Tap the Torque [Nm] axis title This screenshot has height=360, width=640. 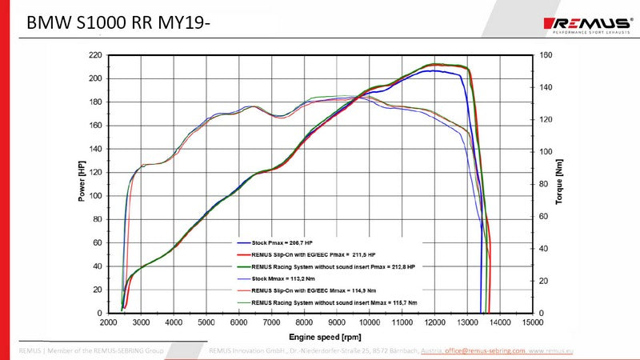tap(559, 182)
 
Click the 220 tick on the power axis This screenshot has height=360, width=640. tap(95, 55)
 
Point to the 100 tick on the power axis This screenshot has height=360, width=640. tap(95, 196)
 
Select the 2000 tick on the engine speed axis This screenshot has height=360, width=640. tap(108, 322)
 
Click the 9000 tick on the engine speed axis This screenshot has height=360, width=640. tap(337, 322)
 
